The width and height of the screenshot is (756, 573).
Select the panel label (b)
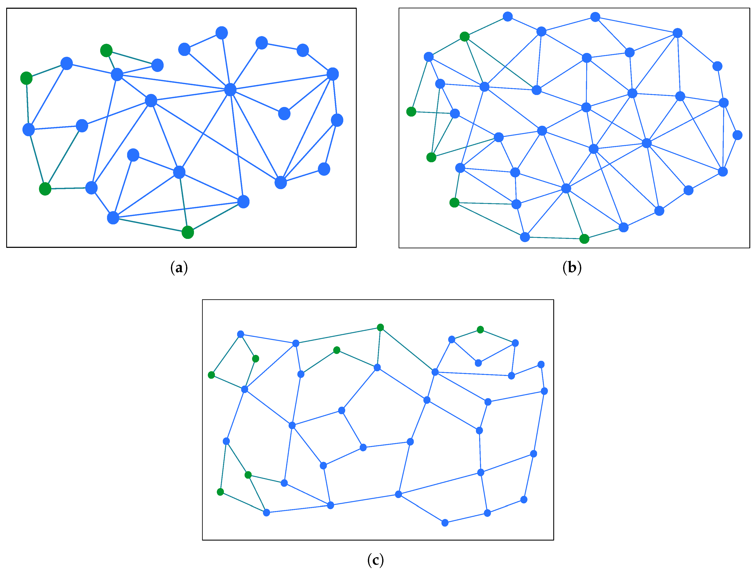[x=572, y=267]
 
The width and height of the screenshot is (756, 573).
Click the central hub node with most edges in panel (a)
[x=230, y=89]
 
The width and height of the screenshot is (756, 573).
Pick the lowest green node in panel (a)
[x=188, y=232]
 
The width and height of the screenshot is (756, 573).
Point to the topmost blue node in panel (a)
[x=222, y=33]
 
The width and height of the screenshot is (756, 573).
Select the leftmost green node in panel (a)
[x=26, y=78]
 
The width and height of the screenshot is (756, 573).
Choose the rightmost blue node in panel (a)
[x=337, y=120]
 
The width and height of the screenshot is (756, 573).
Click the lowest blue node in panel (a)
[x=113, y=218]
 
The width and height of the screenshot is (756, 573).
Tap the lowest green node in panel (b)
[x=584, y=239]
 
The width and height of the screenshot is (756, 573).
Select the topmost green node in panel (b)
[x=464, y=37]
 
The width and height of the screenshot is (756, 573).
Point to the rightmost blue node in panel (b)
[x=738, y=135]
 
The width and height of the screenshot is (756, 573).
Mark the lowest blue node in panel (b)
[x=525, y=237]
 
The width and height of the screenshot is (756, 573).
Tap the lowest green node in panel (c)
[x=220, y=492]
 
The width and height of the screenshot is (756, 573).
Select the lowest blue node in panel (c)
[x=445, y=523]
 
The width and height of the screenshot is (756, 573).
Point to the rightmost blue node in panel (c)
[x=545, y=391]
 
